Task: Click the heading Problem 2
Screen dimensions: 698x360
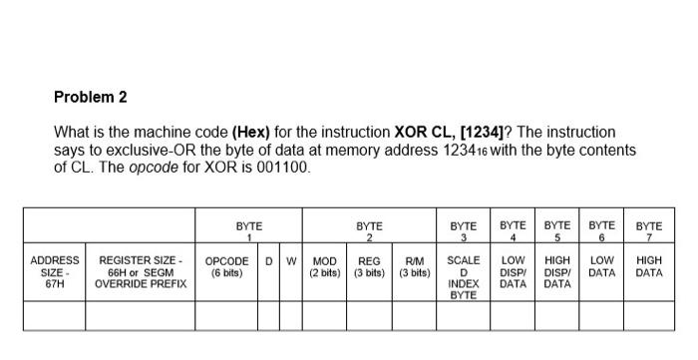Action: point(91,98)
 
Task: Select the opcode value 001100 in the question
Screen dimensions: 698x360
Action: point(284,168)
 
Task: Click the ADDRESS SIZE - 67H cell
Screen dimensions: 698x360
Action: point(55,272)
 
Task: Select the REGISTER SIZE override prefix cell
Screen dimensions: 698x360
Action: point(140,272)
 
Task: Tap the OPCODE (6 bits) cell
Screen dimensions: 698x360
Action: point(226,266)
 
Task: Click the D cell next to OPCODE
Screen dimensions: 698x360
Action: point(268,261)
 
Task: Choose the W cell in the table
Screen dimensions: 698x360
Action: point(291,261)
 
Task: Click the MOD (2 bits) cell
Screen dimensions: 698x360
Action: point(324,266)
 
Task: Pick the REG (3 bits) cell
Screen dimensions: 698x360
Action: point(369,266)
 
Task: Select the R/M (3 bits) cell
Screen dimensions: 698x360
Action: point(414,266)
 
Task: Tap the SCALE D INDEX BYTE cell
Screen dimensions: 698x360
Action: point(463,277)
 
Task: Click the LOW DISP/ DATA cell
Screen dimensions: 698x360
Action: point(513,272)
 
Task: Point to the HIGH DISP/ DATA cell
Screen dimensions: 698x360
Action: point(556,272)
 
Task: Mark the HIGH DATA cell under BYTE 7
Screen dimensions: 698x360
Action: point(648,266)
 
